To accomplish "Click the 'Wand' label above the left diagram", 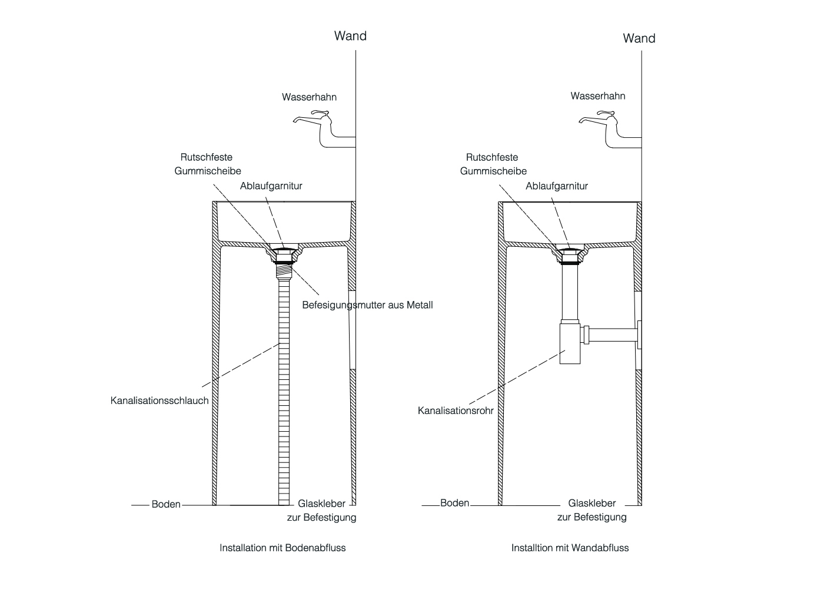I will pyautogui.click(x=350, y=36).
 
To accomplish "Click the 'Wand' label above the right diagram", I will pyautogui.click(x=639, y=38).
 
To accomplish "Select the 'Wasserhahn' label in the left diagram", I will pyautogui.click(x=309, y=97).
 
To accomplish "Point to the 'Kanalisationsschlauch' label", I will pyautogui.click(x=160, y=401).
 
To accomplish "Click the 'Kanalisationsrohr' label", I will pyautogui.click(x=456, y=410).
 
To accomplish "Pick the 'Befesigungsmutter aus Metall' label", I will pyautogui.click(x=367, y=305).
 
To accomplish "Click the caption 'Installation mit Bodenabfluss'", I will pyautogui.click(x=283, y=548).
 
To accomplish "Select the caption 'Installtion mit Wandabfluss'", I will pyautogui.click(x=570, y=548).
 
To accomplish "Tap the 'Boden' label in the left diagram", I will pyautogui.click(x=166, y=504).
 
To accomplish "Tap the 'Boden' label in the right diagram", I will pyautogui.click(x=454, y=503).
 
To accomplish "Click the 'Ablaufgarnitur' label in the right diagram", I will pyautogui.click(x=557, y=186).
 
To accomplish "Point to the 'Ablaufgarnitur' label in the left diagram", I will pyautogui.click(x=271, y=186).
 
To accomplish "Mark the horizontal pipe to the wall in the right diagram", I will pyautogui.click(x=612, y=335).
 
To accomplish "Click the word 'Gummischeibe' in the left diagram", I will pyautogui.click(x=208, y=171).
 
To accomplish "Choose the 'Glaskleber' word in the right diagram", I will pyautogui.click(x=592, y=504).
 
